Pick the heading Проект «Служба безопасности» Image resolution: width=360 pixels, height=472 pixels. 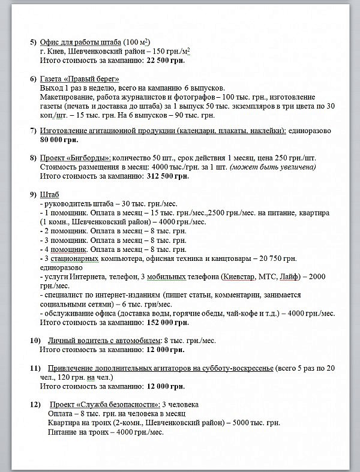[x=104, y=404]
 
